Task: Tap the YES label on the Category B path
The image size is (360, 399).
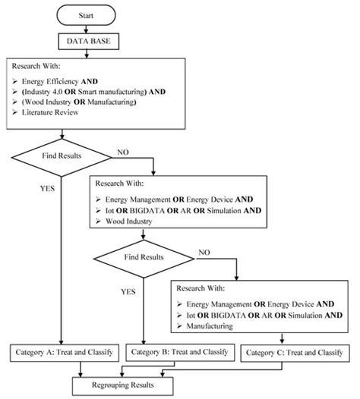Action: point(130,291)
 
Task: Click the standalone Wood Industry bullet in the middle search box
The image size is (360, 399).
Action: point(127,222)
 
